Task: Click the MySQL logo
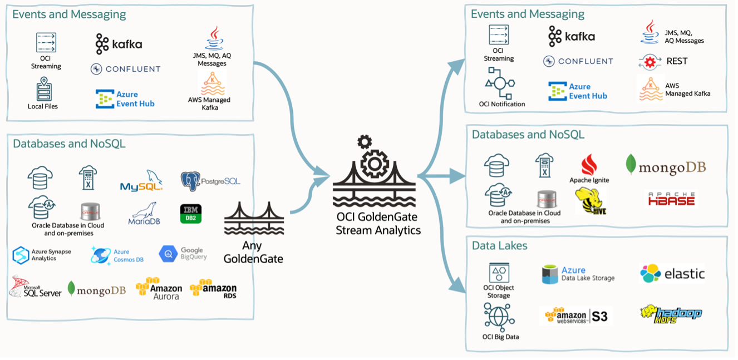coord(141,182)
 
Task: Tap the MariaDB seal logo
coord(145,214)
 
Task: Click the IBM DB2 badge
coord(190,214)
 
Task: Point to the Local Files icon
coord(43,89)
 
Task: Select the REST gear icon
coord(650,62)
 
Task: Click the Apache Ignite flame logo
coord(589,165)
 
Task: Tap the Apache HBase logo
coord(671,198)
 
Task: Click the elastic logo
coord(672,273)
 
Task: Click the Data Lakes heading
coord(499,245)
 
